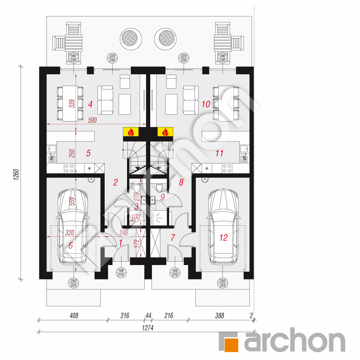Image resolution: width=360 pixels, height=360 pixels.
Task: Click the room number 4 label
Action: pyautogui.click(x=90, y=103)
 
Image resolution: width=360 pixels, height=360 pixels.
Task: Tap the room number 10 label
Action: pyautogui.click(x=206, y=103)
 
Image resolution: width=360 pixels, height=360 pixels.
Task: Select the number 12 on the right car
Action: pyautogui.click(x=223, y=238)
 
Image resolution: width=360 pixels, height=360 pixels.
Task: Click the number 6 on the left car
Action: pyautogui.click(x=70, y=245)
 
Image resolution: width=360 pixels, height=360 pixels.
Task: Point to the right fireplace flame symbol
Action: pyautogui.click(x=166, y=132)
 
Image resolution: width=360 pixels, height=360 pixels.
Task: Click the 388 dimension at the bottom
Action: pyautogui.click(x=219, y=315)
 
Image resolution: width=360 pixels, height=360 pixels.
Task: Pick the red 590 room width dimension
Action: pyautogui.click(x=92, y=121)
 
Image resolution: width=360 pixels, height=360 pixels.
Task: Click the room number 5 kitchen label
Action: pyautogui.click(x=88, y=153)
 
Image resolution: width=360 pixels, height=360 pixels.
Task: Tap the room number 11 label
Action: pyautogui.click(x=219, y=153)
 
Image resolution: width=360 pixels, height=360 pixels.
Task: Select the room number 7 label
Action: pyautogui.click(x=172, y=238)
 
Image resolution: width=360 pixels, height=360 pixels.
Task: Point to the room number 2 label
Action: pyautogui.click(x=115, y=182)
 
